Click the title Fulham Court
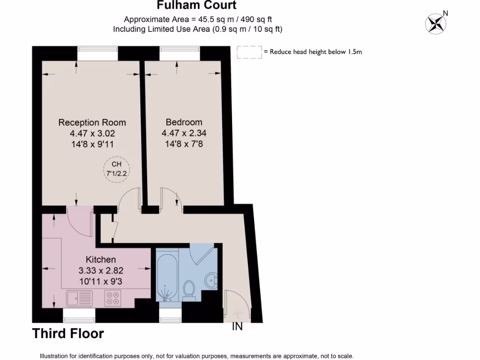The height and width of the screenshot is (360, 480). coord(196,6)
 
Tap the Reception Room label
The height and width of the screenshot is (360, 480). coord(92,122)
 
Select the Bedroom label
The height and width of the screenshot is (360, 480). coord(184,122)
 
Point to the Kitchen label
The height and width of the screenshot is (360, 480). coord(100,260)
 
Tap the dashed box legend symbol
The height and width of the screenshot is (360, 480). coord(249,52)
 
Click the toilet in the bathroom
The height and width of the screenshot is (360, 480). coord(190,288)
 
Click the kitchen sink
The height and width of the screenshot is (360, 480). coord(79,297)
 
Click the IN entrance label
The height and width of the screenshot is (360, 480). coord(238,327)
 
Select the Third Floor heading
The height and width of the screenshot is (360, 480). coord(68,334)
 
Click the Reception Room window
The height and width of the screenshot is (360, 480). coord(97,53)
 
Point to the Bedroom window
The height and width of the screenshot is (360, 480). coord(180,53)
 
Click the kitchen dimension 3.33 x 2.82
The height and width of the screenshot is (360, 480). coord(101,270)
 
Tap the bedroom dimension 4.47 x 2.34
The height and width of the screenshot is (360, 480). coord(184,133)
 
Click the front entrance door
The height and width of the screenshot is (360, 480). coord(238,305)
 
